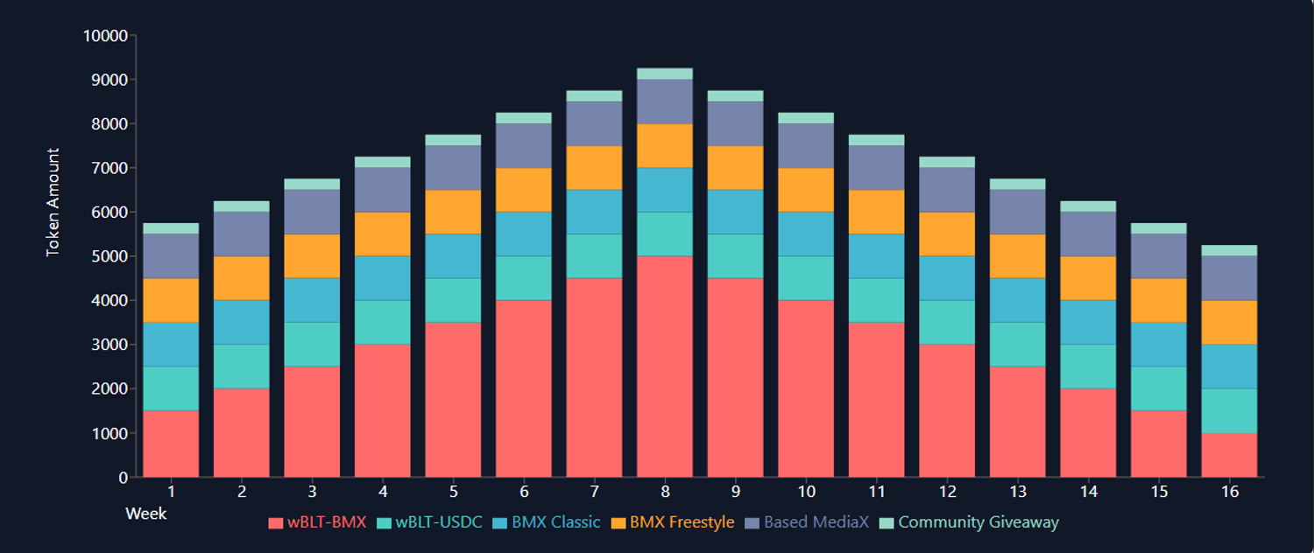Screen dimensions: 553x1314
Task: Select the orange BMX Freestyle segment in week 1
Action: pos(171,300)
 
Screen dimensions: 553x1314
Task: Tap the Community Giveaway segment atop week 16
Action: pos(1229,250)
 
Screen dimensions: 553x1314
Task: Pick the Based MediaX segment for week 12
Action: pos(946,189)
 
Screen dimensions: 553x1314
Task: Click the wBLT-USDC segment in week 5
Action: pos(453,300)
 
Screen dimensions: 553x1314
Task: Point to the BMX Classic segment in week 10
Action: pos(806,234)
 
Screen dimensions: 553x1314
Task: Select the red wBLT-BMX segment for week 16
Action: pos(1229,455)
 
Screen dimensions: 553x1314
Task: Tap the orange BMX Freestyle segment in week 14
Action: pos(1088,278)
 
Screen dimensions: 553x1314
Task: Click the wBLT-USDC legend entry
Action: pos(428,522)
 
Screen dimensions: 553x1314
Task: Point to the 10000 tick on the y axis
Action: pos(105,36)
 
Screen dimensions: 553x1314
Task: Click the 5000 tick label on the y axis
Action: pos(109,256)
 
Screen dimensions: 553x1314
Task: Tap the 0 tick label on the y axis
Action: pos(122,478)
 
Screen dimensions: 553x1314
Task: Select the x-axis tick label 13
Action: pos(1018,492)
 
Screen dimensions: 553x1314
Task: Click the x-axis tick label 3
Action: pos(312,492)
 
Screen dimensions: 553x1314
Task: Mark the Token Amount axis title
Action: pos(53,202)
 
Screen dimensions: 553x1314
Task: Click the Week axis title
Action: pos(145,513)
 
